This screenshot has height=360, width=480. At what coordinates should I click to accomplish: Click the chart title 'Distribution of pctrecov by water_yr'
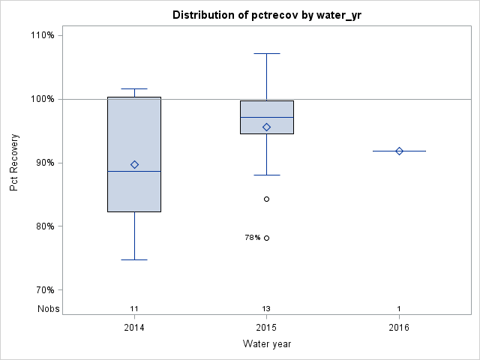tap(266, 15)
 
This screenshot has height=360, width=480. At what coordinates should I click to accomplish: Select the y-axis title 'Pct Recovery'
tap(15, 163)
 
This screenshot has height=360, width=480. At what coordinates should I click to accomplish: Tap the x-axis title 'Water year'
tap(266, 343)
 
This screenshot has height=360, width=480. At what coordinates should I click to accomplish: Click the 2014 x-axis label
tap(134, 328)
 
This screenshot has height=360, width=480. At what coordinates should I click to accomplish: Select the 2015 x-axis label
tap(266, 328)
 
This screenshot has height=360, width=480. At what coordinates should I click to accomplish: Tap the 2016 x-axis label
tap(399, 328)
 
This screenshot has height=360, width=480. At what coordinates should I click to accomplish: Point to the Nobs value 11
tap(134, 308)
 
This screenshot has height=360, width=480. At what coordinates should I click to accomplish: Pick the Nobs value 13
tap(266, 308)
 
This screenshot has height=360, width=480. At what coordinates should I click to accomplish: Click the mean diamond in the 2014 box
tap(134, 164)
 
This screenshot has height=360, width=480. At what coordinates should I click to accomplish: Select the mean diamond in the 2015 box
tap(266, 127)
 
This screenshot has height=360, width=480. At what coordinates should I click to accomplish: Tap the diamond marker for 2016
tap(399, 151)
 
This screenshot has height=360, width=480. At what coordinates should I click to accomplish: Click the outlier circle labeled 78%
tap(266, 238)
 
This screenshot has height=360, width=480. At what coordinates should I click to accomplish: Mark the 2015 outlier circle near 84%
tap(266, 199)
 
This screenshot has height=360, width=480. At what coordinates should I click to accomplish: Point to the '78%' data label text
tap(253, 238)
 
